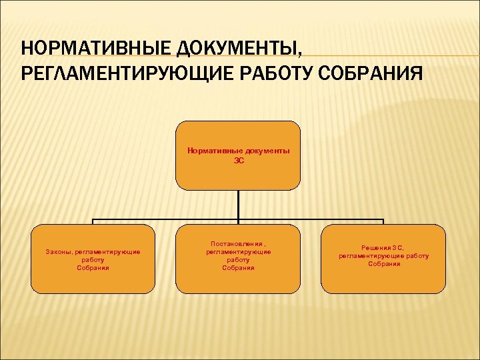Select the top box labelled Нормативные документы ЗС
coord(238,155)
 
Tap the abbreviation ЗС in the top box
coord(238,160)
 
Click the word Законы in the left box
coord(59,252)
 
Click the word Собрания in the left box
coord(93,267)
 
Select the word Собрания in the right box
coord(384,263)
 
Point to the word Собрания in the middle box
coord(238,267)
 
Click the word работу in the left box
coord(93,260)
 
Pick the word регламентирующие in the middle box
coord(238,252)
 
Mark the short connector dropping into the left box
coord(93,222)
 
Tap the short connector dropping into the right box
coord(383,222)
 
